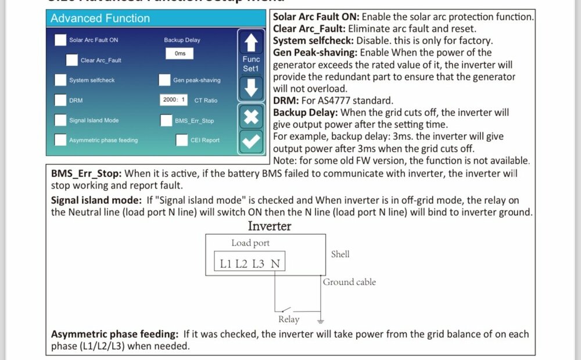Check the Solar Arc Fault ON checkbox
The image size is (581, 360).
coord(60,40)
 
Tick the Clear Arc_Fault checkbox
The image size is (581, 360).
coord(71,60)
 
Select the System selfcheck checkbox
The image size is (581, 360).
coord(60,80)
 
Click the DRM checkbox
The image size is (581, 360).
coord(60,100)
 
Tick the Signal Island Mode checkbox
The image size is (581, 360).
coord(60,120)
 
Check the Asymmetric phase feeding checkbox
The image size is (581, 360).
coord(60,140)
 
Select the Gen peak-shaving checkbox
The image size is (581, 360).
coord(164,80)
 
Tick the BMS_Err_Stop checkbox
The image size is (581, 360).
coord(164,120)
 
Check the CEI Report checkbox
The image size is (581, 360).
coord(181,140)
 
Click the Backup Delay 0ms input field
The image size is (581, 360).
coord(180,53)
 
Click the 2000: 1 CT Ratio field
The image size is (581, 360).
coord(174,100)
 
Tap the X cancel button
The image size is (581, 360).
coord(251,117)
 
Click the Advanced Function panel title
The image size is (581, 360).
coord(100,18)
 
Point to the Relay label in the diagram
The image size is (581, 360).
coord(289,319)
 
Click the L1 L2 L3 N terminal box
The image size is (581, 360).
coord(250,264)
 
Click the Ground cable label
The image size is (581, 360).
coord(349,282)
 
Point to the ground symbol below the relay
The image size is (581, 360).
coord(320,320)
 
